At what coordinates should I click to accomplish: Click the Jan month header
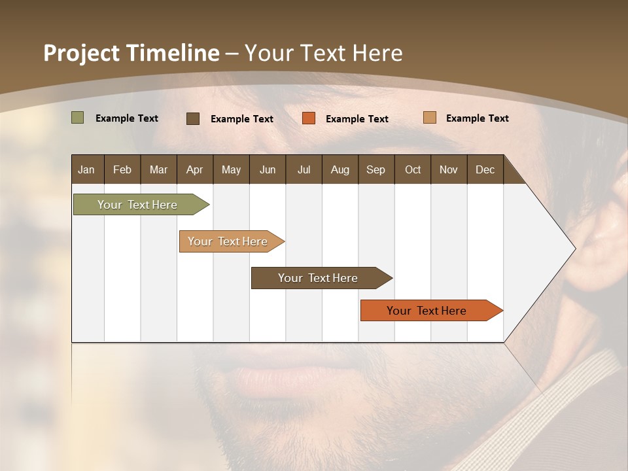87,169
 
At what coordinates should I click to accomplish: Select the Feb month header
122,169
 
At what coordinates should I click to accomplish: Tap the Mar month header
158,169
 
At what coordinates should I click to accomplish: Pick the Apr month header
195,169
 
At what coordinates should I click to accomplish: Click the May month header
231,169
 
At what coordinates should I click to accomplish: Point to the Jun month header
268,169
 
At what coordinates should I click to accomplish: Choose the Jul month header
304,169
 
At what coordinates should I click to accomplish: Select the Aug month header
340,169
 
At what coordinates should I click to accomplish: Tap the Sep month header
376,169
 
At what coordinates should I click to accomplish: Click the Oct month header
413,169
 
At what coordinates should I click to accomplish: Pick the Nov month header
449,169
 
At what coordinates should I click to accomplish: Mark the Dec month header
485,169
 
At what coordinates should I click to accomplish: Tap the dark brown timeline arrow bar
319,278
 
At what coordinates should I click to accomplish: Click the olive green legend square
78,118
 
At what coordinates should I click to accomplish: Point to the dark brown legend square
193,118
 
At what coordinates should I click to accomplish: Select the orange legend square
309,118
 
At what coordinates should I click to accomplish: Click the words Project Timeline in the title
131,53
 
